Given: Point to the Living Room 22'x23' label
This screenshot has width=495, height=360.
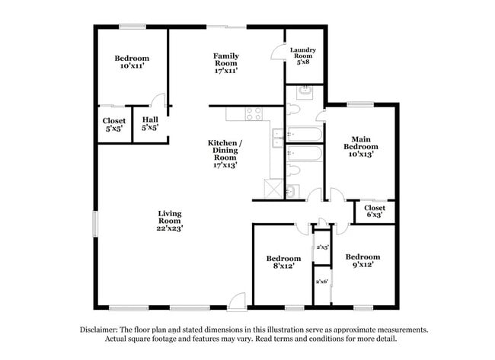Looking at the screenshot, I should coord(170,221).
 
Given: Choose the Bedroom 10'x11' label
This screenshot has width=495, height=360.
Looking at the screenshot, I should coord(132,62).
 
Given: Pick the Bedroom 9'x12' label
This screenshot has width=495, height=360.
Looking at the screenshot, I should coord(362,261).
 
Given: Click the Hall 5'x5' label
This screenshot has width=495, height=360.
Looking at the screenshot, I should coord(149,124).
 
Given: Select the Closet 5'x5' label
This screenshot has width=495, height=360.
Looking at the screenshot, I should coord(114,124).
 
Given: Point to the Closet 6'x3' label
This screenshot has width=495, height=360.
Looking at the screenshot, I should coord(375,212).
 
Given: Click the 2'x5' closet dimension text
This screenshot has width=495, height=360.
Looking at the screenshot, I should coord(322,247).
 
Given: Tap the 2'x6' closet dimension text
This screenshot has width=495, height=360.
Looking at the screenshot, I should coord(322,282).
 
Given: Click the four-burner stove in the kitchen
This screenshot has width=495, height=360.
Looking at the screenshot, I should coord(254,114).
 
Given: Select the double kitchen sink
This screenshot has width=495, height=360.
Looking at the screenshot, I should coord(278,137).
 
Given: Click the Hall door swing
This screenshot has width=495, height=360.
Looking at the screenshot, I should coord(158,101).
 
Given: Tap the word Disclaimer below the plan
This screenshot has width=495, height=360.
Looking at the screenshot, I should coord(101,330).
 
